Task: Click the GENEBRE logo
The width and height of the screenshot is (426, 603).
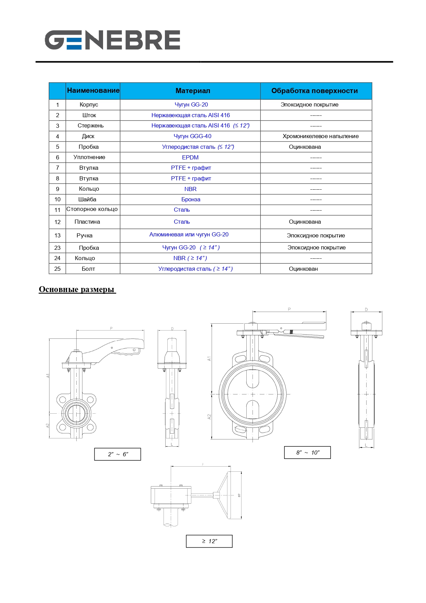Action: point(112,40)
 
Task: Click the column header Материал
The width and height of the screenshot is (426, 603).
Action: point(193,91)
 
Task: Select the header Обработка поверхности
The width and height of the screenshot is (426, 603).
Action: point(314,91)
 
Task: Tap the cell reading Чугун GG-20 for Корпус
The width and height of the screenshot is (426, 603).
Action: point(191,104)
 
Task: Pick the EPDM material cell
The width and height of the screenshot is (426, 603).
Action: point(190,157)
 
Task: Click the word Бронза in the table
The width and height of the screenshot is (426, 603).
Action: point(191,199)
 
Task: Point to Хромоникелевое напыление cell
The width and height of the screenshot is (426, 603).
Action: point(320,136)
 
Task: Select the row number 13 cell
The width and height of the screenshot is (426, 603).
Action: point(57,235)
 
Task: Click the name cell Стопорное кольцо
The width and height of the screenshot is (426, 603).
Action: point(92,209)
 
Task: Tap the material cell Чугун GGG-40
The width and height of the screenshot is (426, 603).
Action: point(192,136)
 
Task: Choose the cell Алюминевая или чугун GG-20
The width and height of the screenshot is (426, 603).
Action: point(189,234)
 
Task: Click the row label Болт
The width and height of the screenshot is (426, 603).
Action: point(88,269)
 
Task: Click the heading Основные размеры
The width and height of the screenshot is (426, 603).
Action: point(77,289)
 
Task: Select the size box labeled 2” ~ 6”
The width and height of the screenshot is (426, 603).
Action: point(117,454)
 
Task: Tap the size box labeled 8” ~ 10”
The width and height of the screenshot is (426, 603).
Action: point(307,453)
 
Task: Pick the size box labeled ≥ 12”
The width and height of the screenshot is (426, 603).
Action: point(209,541)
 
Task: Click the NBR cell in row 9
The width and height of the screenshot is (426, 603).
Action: point(190,189)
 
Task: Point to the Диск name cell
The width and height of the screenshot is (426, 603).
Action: point(88,136)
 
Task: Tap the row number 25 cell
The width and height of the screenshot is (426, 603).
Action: point(57,269)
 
